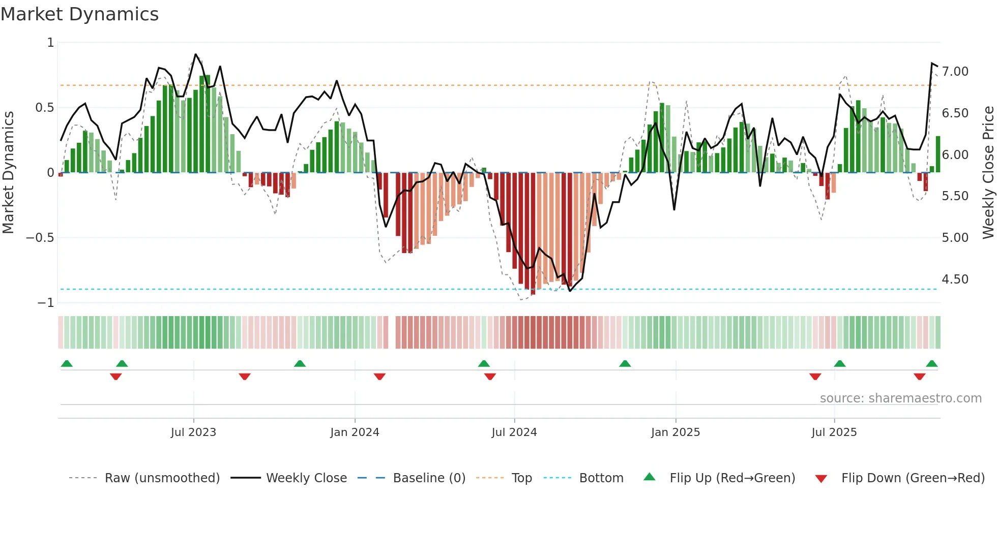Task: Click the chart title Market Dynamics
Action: click(x=80, y=14)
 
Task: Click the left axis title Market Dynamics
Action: click(x=9, y=172)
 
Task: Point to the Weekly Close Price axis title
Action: click(x=988, y=172)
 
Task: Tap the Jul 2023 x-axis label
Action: click(x=193, y=432)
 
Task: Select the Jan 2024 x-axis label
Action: click(x=355, y=432)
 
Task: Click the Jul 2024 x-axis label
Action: click(x=514, y=432)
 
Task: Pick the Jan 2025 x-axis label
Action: click(x=675, y=432)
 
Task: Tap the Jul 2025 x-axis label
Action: click(x=834, y=432)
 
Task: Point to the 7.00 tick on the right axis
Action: click(x=955, y=72)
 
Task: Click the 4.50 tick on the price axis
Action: click(x=955, y=279)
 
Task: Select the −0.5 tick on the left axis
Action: click(x=40, y=238)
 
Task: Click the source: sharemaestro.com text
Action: click(x=900, y=398)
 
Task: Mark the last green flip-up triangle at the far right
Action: click(x=931, y=364)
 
